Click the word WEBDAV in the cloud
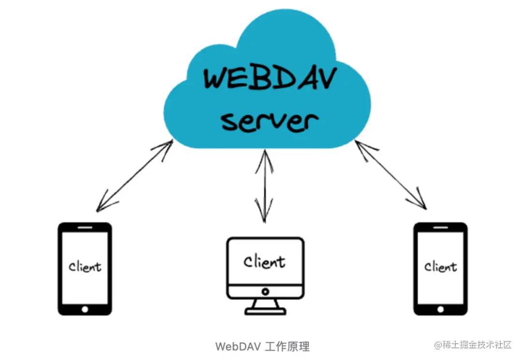(268, 79)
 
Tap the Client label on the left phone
(85, 266)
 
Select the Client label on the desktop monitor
(264, 262)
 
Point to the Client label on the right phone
(440, 266)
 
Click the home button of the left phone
(85, 308)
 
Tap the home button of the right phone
(440, 308)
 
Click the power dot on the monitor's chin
(265, 292)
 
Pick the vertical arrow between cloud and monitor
(264, 186)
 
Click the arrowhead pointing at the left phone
(102, 206)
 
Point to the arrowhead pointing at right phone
(421, 203)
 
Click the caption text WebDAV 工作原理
(262, 346)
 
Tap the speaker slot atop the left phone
(85, 227)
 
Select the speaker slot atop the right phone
(440, 227)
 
